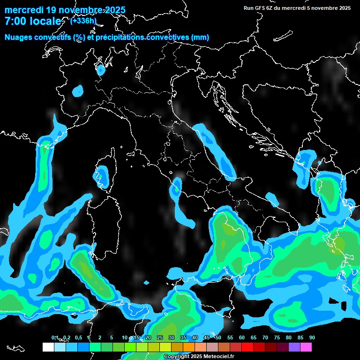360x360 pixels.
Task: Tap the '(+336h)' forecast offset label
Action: (83, 21)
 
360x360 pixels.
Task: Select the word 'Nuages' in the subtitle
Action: (18, 37)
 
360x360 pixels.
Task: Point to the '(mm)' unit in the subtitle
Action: (200, 37)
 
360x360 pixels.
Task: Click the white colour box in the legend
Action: (48, 347)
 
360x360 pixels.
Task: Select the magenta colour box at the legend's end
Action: (306, 347)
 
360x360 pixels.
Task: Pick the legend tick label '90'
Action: (312, 337)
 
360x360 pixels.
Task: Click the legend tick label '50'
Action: (218, 337)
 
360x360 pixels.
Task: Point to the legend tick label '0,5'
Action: (78, 337)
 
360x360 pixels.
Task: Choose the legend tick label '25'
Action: (159, 337)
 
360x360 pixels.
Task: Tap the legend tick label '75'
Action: (277, 337)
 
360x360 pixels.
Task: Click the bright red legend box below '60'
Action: (247, 347)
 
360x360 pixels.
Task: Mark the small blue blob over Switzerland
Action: (101, 70)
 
